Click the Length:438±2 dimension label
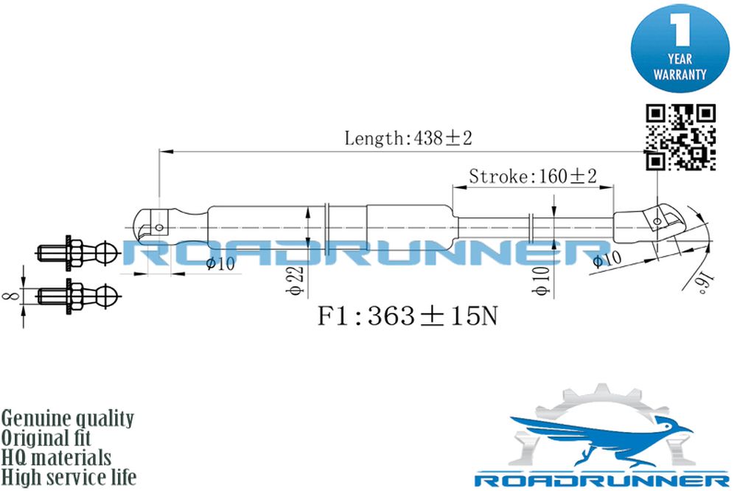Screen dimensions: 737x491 click(x=408, y=139)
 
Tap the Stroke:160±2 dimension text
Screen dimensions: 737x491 click(x=533, y=176)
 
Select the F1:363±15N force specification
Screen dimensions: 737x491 click(x=407, y=316)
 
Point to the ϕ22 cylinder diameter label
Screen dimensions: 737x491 click(x=296, y=280)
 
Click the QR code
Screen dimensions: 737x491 click(x=680, y=137)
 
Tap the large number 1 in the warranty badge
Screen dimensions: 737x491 click(x=680, y=29)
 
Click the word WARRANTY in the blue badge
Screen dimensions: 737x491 click(x=680, y=74)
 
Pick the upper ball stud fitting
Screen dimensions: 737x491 click(x=77, y=253)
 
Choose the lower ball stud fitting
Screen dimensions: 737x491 click(x=77, y=296)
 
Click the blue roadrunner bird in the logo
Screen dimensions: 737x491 click(x=600, y=439)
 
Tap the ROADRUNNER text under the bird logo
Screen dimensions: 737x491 click(x=601, y=480)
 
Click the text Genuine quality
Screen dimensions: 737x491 click(x=68, y=419)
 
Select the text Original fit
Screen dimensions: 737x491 click(x=46, y=439)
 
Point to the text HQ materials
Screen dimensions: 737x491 click(x=56, y=458)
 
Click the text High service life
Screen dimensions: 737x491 click(x=69, y=478)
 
